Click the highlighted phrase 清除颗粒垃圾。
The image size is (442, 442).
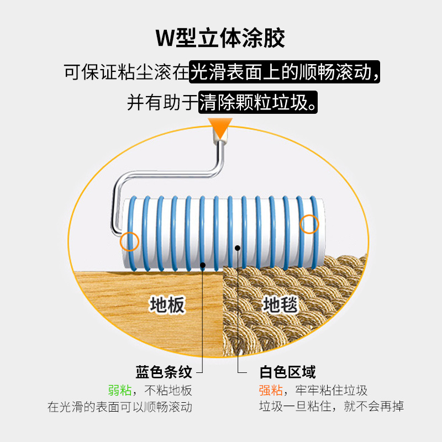(259, 102)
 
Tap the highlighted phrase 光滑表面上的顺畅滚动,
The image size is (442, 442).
(285, 72)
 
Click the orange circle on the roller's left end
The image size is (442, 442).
(129, 241)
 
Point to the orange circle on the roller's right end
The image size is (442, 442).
(309, 224)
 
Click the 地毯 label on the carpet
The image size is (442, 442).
(280, 304)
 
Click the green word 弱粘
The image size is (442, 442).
(119, 390)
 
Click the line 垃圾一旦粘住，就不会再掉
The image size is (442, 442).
(331, 407)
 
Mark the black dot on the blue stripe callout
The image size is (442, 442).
(203, 266)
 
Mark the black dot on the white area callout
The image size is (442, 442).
(238, 248)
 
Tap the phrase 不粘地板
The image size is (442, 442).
(168, 390)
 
